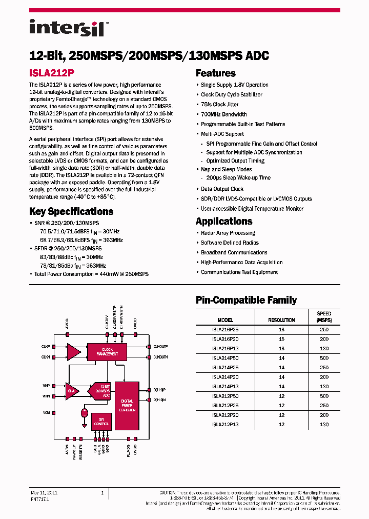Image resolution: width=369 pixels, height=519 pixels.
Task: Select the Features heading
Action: [215, 73]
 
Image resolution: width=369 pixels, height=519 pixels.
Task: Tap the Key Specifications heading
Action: [71, 211]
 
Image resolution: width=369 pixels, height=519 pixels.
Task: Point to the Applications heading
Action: [224, 222]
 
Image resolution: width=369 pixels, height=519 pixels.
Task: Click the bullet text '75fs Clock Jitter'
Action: [219, 105]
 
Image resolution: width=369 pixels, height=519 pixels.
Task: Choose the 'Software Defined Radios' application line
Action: [230, 243]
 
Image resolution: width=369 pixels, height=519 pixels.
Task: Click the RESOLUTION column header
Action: [281, 320]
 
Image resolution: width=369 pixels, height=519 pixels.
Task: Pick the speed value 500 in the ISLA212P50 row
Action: [324, 396]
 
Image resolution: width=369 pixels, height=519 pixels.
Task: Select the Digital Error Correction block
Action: [127, 405]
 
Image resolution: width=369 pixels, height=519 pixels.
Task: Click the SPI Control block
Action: [101, 422]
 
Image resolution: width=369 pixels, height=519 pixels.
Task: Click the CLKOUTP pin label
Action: [160, 346]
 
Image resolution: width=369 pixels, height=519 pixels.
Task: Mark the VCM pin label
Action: [46, 412]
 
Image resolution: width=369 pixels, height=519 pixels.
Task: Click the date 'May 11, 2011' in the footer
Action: [44, 492]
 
